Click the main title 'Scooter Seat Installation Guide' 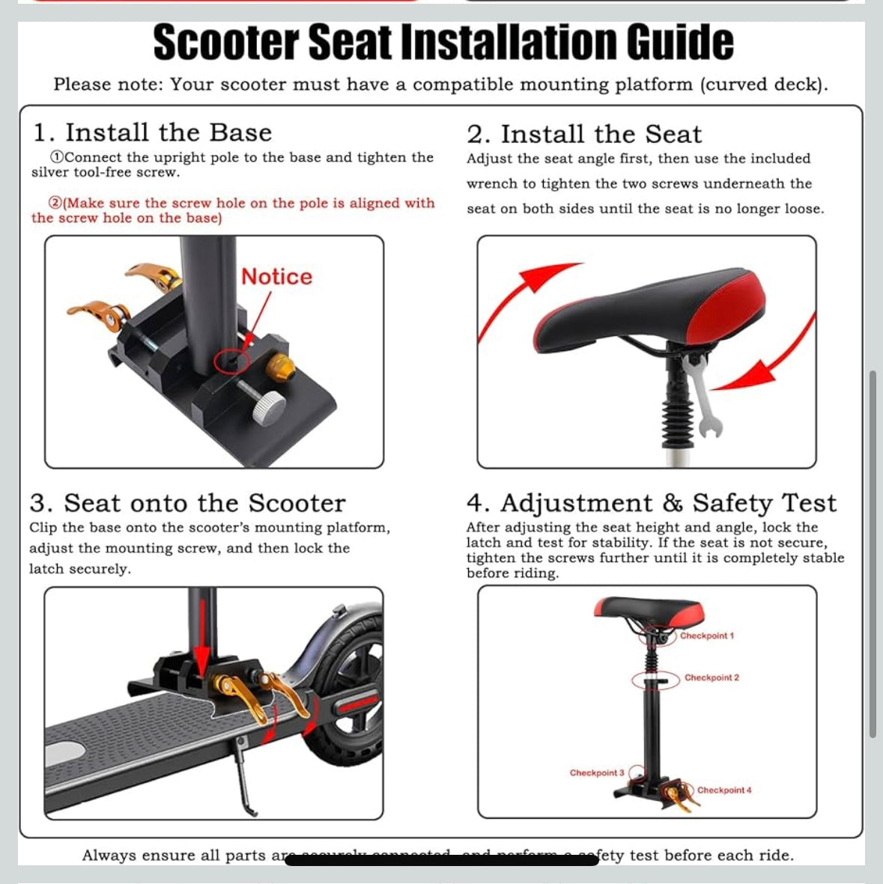point(443,43)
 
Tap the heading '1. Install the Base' point(152,132)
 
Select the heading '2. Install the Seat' point(584,134)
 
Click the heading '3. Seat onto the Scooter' point(187,502)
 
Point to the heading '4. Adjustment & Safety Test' point(651,502)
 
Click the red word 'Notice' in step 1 point(276,277)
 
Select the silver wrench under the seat point(702,397)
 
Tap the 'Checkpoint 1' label point(706,636)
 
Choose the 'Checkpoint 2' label point(711,677)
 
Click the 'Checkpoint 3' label point(596,772)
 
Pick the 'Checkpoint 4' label point(723,790)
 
